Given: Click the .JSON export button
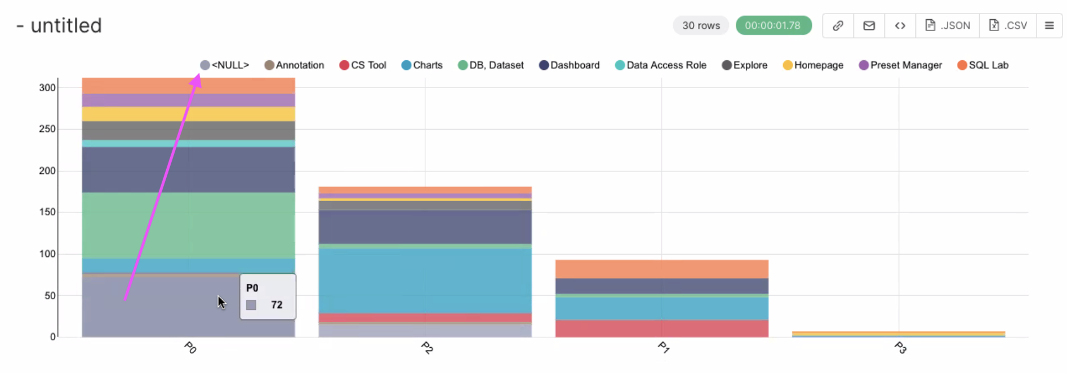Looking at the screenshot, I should [x=948, y=25].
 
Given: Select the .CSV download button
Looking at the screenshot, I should [x=1008, y=25].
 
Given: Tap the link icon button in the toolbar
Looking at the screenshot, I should [x=838, y=25].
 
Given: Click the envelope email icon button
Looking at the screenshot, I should [x=869, y=25].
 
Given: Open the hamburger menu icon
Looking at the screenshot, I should [x=1049, y=25].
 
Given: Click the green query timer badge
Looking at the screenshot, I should [x=773, y=25].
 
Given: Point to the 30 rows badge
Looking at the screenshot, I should [x=701, y=25].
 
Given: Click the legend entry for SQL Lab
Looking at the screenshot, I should [x=982, y=65].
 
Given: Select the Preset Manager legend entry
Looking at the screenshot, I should [x=900, y=65].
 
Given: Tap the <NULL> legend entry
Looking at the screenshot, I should [x=225, y=65].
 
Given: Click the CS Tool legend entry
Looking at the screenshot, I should [x=363, y=65].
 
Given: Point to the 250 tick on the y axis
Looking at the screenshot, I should [x=47, y=129].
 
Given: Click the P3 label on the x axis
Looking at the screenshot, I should [x=900, y=348].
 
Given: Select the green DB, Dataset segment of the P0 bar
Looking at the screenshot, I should [x=188, y=225].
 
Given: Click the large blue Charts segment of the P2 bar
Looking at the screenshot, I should [x=425, y=281].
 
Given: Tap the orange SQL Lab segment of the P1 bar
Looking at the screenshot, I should [x=661, y=269].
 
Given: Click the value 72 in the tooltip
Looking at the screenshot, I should [x=277, y=305].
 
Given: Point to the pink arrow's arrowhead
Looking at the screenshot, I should [x=196, y=80].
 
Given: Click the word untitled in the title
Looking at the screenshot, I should [x=66, y=25].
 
